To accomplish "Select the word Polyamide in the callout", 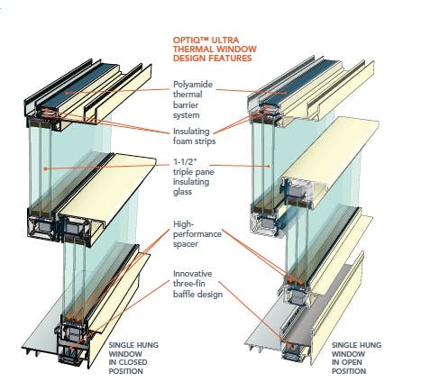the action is coord(193,85).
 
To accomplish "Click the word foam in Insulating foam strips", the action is coord(183,141).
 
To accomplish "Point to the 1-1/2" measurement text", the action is coord(185,162).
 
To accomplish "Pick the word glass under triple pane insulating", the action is coord(182,192).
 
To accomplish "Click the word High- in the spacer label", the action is coord(182,224).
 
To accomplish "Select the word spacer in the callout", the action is coord(186,244).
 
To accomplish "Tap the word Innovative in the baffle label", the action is coord(192,274).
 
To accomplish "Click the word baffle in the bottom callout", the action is coord(183,294).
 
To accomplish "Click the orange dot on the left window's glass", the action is coord(45,168).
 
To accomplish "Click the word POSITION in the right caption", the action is coord(349,371).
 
